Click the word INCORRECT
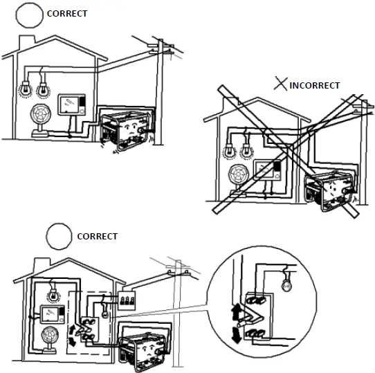315,86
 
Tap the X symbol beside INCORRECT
281,85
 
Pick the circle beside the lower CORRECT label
59,235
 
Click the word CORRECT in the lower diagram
98,236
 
